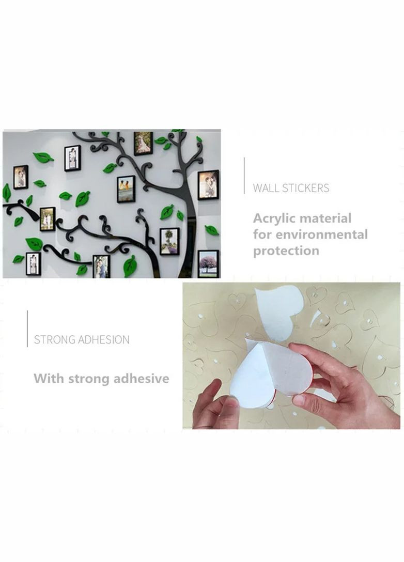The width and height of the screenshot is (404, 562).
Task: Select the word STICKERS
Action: click(305, 188)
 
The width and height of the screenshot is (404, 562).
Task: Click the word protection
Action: click(286, 251)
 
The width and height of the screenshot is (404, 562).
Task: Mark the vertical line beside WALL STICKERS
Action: click(244, 176)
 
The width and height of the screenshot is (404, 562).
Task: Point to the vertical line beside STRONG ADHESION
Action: click(27, 329)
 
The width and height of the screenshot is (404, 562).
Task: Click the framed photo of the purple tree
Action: click(208, 263)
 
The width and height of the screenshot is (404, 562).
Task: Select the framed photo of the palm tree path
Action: click(169, 241)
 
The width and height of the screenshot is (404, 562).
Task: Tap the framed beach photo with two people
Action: click(126, 189)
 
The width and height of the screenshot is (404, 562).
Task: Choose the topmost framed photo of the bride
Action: click(144, 143)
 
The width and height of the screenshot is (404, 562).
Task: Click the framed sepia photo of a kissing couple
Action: click(208, 185)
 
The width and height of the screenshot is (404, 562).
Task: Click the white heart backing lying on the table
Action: click(279, 311)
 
